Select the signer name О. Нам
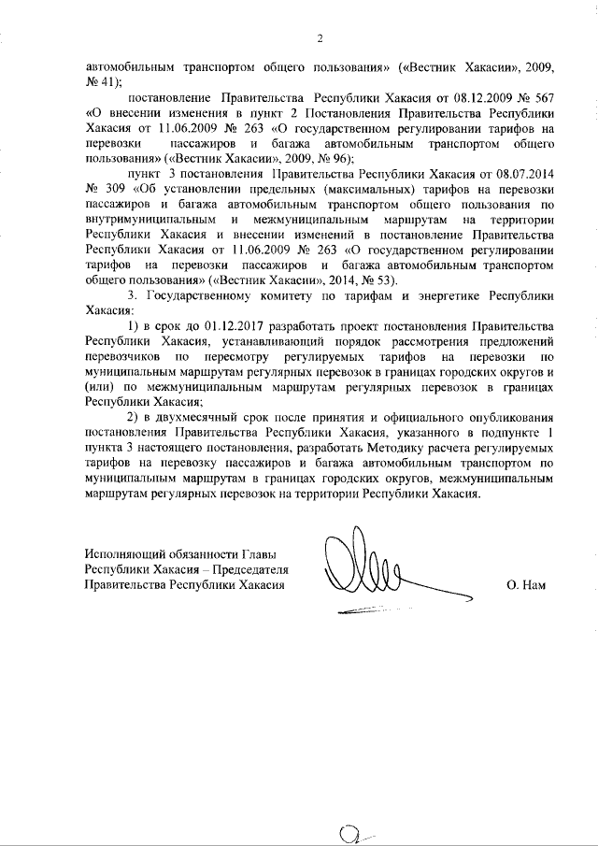click(524, 586)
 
